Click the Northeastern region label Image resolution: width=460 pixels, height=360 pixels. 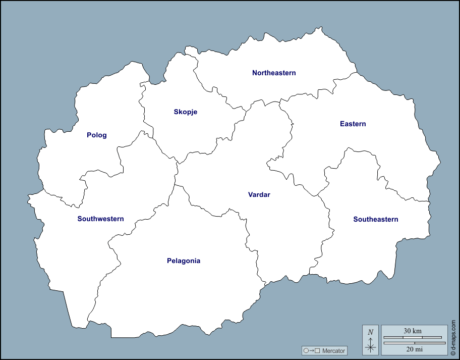[274, 73]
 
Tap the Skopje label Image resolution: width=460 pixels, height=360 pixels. [185, 112]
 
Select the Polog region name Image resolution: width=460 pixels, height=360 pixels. [97, 135]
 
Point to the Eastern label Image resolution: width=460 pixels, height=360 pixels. [353, 124]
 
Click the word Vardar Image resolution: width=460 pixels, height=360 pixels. [259, 194]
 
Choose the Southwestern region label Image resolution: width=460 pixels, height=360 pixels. [100, 219]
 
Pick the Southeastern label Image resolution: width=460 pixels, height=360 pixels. [376, 219]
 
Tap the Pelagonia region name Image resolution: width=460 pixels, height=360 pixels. [184, 261]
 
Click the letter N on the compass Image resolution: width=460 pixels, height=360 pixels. [371, 332]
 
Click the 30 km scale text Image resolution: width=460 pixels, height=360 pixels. [413, 331]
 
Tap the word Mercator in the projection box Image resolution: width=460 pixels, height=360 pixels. [333, 350]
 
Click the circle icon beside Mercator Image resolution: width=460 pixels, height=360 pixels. [306, 350]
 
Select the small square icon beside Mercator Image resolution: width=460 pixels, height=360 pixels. [317, 350]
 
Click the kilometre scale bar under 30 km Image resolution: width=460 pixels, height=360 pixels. [413, 337]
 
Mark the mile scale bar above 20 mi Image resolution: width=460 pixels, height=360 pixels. [413, 343]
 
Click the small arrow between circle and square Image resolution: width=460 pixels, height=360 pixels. [311, 350]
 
